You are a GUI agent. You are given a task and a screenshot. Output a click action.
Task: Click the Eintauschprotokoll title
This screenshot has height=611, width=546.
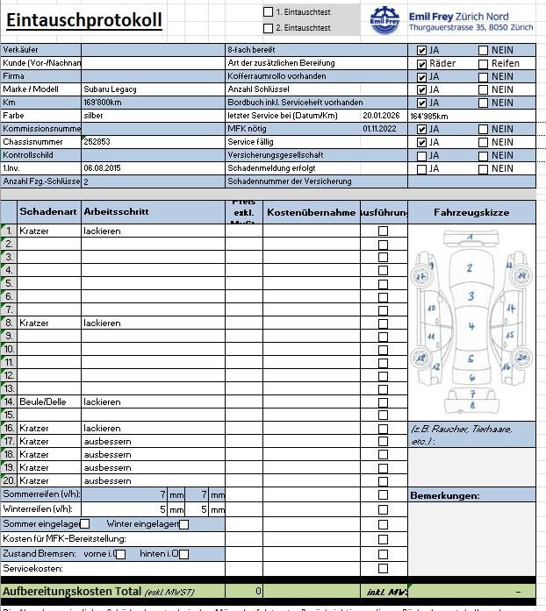[84, 20]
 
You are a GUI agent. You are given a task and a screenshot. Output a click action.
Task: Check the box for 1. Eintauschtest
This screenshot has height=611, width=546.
[269, 12]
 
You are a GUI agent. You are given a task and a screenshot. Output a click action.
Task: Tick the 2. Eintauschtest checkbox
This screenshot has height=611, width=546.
[269, 28]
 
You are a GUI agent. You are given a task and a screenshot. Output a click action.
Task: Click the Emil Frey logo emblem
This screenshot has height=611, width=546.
[384, 20]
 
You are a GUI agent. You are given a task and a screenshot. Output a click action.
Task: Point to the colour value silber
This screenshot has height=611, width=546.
[93, 116]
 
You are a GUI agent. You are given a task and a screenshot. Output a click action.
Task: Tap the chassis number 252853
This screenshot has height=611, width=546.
[97, 141]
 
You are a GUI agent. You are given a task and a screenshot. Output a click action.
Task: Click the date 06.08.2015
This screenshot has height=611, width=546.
[102, 167]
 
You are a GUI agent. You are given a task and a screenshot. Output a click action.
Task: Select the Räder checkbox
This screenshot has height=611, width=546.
[422, 63]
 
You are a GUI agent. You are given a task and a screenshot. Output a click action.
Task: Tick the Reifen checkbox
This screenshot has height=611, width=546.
[484, 63]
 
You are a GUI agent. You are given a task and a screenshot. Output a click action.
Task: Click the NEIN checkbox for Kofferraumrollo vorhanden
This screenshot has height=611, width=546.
[484, 76]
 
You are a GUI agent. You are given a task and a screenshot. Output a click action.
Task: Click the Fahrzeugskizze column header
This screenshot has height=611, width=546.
[471, 212]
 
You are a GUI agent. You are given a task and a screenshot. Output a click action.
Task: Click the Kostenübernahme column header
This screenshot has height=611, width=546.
[311, 212]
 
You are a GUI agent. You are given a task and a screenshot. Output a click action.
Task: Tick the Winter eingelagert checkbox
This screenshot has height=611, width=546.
[184, 524]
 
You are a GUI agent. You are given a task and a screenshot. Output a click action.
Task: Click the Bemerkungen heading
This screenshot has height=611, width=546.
[445, 496]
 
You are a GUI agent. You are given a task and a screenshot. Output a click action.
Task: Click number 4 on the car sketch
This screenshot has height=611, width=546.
[471, 327]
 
